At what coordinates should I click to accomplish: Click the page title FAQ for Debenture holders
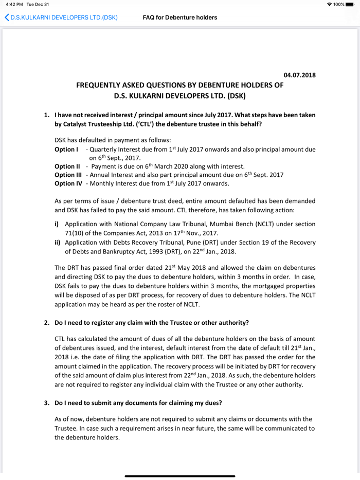coord(180,17)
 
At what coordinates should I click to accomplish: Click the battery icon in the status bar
coord(350,4)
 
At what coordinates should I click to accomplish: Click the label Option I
coord(66,149)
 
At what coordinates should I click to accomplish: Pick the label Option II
coord(67,166)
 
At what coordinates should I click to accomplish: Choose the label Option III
coord(68,175)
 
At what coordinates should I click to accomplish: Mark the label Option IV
coord(68,183)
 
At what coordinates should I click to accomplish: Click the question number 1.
coord(47,115)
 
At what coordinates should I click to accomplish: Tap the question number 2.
coord(47,322)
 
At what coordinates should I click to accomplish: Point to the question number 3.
coord(47,402)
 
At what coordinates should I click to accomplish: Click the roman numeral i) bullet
coord(57,225)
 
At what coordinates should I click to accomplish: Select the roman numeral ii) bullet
coord(57,242)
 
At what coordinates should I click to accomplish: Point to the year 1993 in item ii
coord(158,251)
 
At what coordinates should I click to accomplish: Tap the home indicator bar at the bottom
coord(180,476)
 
